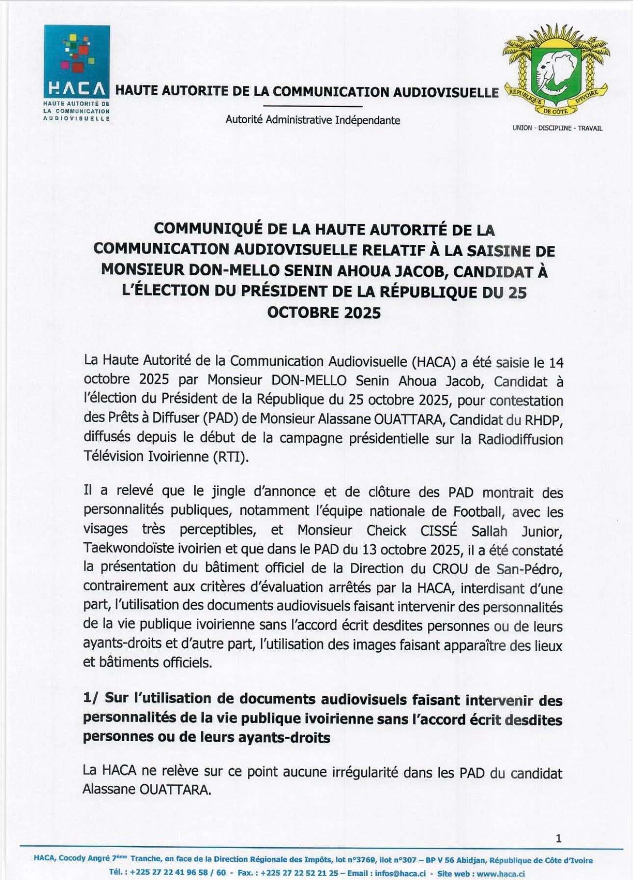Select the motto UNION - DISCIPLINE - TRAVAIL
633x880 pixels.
coord(557,128)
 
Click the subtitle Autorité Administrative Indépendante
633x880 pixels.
coord(313,120)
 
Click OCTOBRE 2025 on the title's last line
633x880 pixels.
coord(324,313)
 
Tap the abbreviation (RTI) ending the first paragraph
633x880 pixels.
coord(231,457)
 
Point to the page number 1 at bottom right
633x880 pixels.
coord(558,838)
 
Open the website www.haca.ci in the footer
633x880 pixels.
coord(501,874)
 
